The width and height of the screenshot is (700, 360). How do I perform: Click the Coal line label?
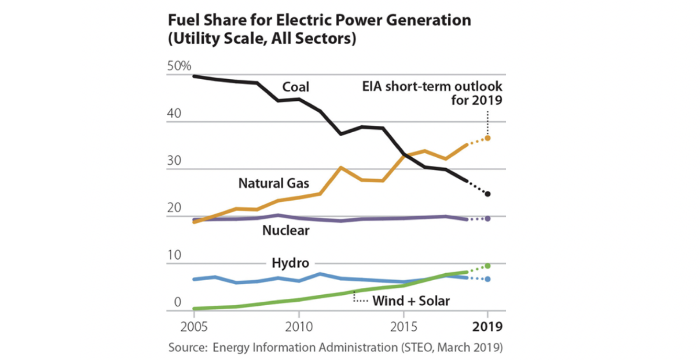tap(295, 87)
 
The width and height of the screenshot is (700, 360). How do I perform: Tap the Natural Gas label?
tap(273, 183)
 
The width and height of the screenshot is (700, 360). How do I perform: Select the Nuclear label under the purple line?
tap(286, 230)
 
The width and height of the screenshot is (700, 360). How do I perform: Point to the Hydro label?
tap(290, 263)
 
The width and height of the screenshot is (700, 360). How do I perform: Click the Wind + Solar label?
tap(410, 301)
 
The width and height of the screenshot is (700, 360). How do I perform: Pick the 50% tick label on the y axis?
tap(179, 66)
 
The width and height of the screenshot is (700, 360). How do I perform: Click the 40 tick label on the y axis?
tap(174, 113)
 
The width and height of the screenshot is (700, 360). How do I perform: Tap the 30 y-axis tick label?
tap(174, 161)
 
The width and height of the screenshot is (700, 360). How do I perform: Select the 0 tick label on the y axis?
tap(177, 302)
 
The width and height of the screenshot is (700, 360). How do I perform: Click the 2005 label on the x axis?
tap(194, 327)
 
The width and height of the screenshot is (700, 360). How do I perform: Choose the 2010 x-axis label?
tap(299, 327)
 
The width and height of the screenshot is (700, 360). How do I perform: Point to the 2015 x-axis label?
tap(403, 327)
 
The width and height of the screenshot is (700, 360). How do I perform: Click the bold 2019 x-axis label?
tap(487, 327)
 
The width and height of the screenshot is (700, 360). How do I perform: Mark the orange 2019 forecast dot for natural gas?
tap(488, 138)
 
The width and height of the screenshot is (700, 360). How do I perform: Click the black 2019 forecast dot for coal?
tap(488, 194)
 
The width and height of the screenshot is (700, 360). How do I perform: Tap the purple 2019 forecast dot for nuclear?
tap(488, 219)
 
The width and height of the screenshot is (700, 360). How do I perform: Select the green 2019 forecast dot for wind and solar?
tap(488, 266)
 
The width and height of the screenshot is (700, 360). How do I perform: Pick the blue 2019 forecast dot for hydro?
tap(488, 279)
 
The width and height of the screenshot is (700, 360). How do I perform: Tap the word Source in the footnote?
tap(187, 348)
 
